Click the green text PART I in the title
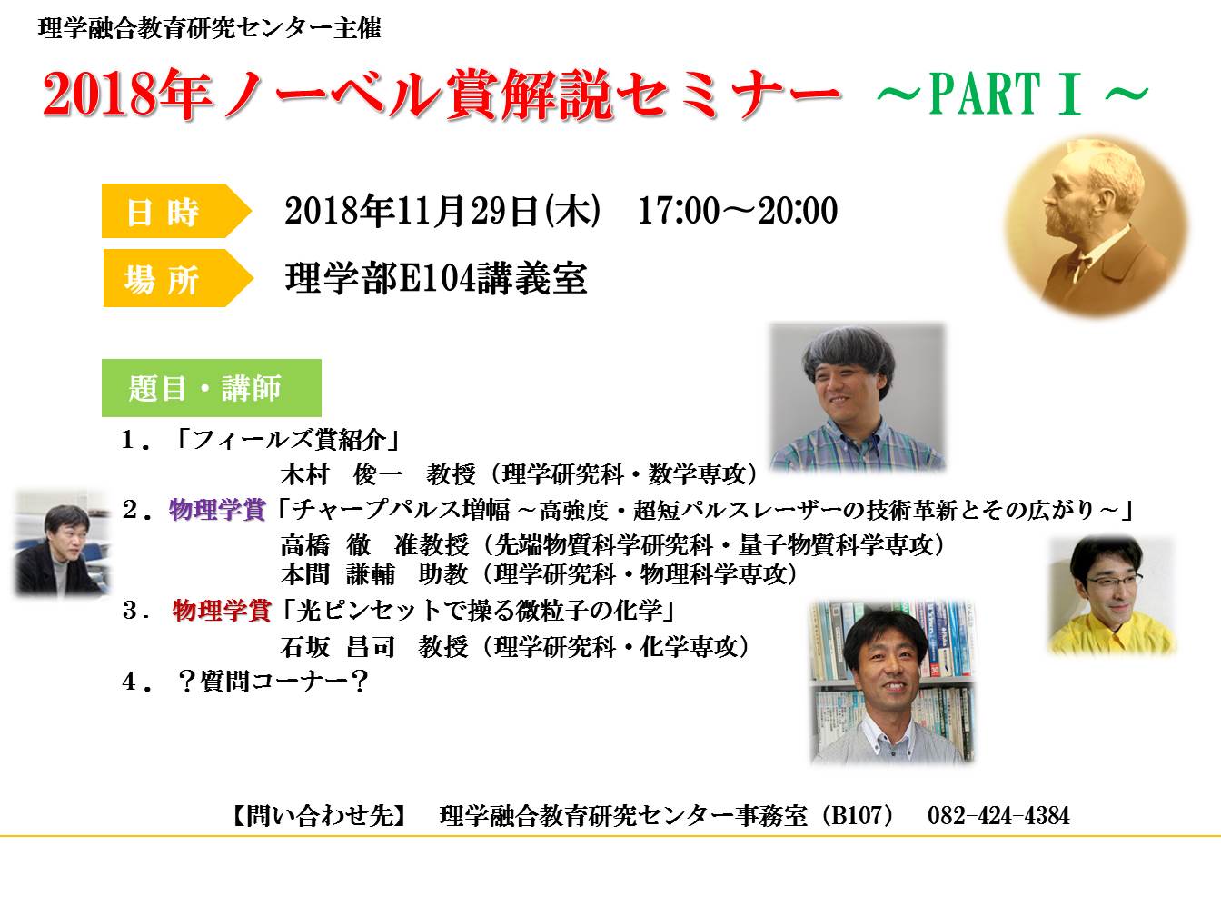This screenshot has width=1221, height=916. click(x=1005, y=93)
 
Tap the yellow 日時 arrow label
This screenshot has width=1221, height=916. click(x=175, y=211)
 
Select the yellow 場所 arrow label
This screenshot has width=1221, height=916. click(x=177, y=278)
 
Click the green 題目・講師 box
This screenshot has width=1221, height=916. click(x=212, y=388)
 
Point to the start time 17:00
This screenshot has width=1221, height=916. click(x=679, y=211)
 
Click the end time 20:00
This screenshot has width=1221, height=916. click(x=798, y=211)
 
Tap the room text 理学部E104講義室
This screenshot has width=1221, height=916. click(x=435, y=278)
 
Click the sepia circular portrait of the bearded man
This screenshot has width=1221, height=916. click(x=1097, y=226)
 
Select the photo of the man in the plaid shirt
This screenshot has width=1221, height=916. click(x=858, y=396)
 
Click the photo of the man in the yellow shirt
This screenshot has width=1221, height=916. click(x=1111, y=595)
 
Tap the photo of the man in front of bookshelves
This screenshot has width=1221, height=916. click(x=892, y=682)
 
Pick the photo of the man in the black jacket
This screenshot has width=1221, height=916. click(x=63, y=543)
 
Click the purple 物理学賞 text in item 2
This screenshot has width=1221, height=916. click(x=217, y=510)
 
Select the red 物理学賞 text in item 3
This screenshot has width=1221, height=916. click(x=222, y=610)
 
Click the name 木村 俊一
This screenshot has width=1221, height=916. click(x=341, y=474)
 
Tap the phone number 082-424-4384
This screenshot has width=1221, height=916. click(x=998, y=816)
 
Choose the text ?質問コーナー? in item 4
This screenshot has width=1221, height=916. click(x=273, y=681)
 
